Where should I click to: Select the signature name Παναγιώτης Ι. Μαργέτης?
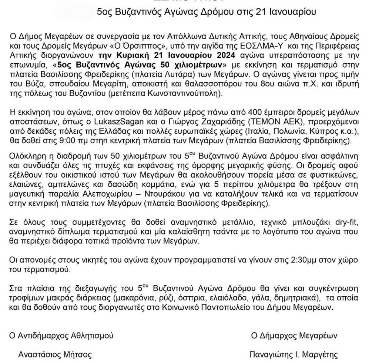tap(294, 355)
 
